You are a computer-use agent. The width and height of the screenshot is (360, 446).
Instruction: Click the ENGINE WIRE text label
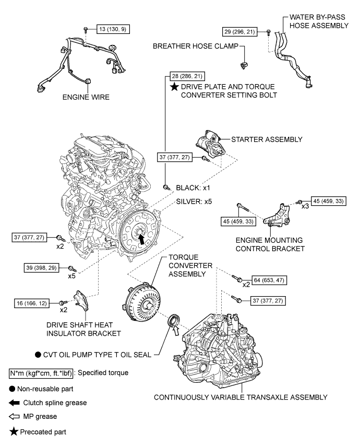pyautogui.click(x=83, y=97)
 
